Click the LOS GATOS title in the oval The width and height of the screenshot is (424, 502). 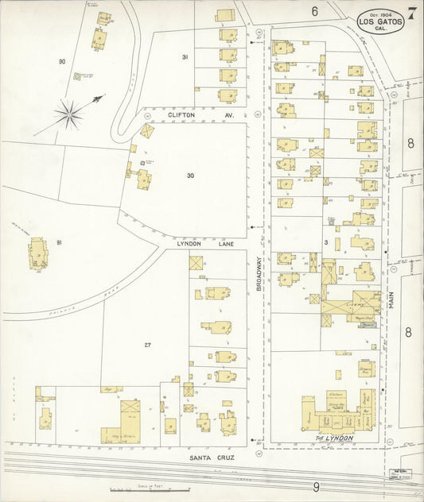pyautogui.click(x=380, y=22)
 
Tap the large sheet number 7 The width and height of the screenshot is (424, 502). pyautogui.click(x=412, y=14)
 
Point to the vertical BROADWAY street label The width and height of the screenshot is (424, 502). pyautogui.click(x=259, y=270)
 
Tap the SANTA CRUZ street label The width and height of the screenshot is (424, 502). pyautogui.click(x=209, y=458)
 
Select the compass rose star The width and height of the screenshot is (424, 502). pyautogui.click(x=72, y=114)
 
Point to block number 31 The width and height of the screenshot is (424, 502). pyautogui.click(x=185, y=57)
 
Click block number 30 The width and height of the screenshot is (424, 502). pyautogui.click(x=190, y=176)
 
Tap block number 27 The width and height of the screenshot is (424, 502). pyautogui.click(x=147, y=345)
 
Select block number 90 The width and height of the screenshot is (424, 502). pyautogui.click(x=62, y=61)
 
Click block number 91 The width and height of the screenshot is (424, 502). pyautogui.click(x=59, y=241)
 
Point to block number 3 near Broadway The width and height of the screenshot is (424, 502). pyautogui.click(x=326, y=241)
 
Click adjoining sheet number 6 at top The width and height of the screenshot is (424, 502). pyautogui.click(x=315, y=11)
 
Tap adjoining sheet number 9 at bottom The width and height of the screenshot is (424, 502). pyautogui.click(x=316, y=486)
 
